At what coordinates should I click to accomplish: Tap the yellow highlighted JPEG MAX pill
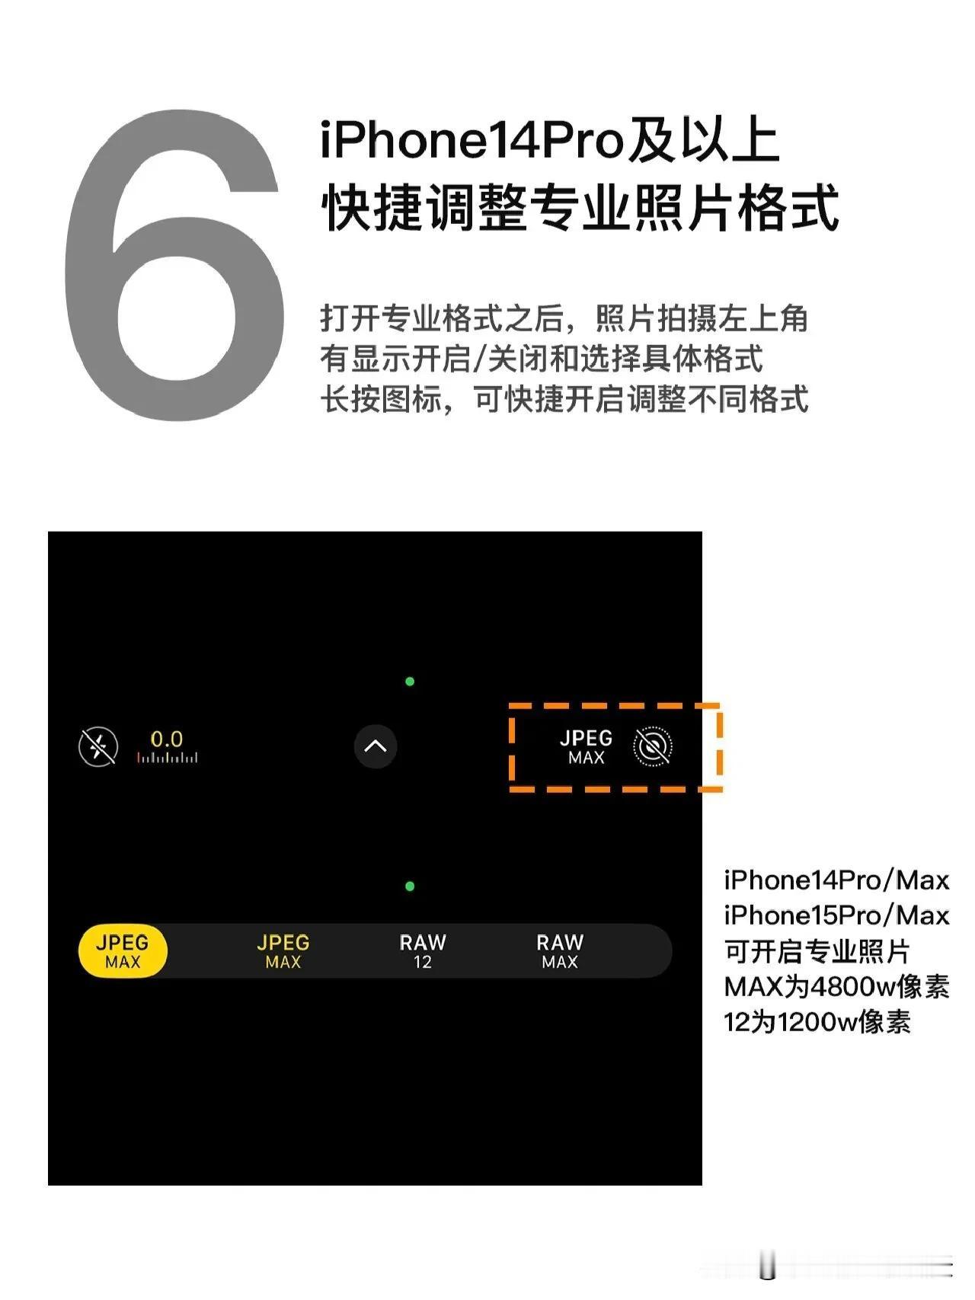tap(123, 951)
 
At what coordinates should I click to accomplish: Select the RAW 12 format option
tap(423, 951)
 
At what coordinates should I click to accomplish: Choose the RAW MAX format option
tap(560, 951)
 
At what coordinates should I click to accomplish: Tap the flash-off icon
tap(98, 746)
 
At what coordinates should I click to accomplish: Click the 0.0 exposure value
tap(167, 739)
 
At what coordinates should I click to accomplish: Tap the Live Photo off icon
tap(653, 747)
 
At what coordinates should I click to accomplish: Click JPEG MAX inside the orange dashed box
tap(586, 747)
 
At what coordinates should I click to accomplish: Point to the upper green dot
tap(410, 682)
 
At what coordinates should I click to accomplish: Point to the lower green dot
tap(410, 886)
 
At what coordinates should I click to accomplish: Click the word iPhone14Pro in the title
tap(472, 141)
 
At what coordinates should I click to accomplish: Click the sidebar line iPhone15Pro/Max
tap(836, 915)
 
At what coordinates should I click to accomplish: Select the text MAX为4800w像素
tap(836, 987)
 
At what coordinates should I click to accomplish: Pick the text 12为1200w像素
tap(817, 1022)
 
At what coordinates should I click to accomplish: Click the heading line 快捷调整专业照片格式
tap(580, 207)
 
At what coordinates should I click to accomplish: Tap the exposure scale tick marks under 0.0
tap(167, 758)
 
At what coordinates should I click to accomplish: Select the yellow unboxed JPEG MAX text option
tap(283, 951)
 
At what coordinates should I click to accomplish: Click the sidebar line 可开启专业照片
tap(817, 951)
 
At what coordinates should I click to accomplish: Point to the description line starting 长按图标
tap(564, 399)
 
